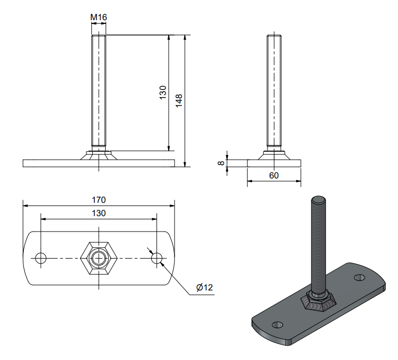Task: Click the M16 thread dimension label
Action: pyautogui.click(x=99, y=18)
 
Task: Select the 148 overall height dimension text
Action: pyautogui.click(x=179, y=100)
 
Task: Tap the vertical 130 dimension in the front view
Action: pyautogui.click(x=163, y=92)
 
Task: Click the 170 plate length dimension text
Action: pyautogui.click(x=99, y=200)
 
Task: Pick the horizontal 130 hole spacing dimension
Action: pyautogui.click(x=99, y=213)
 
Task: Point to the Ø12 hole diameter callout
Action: pyautogui.click(x=204, y=287)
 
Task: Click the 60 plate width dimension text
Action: pyautogui.click(x=274, y=175)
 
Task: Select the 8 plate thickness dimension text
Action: pyautogui.click(x=221, y=163)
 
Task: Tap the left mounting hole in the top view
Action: pyautogui.click(x=41, y=258)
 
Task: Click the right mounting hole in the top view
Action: pyautogui.click(x=157, y=258)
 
